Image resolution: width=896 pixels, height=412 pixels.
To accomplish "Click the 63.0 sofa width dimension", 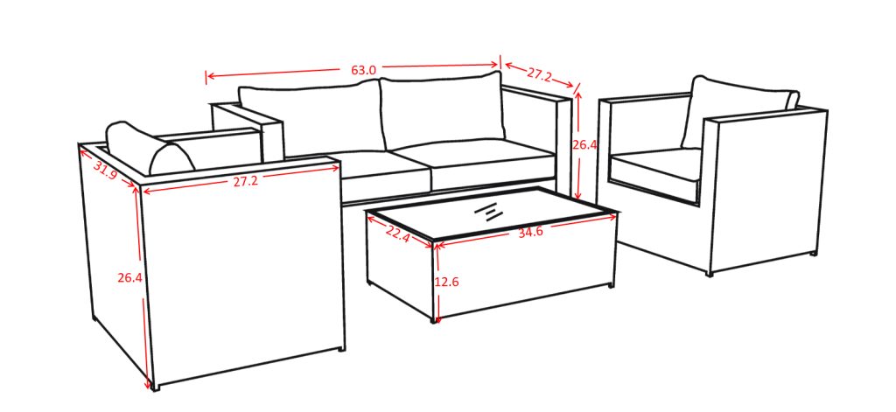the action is (x=363, y=70).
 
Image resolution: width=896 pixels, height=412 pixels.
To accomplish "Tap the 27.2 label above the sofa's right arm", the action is (x=539, y=73).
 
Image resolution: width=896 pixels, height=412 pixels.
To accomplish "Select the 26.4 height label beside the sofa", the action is (x=584, y=145).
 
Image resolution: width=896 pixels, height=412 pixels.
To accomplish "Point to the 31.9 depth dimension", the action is (x=105, y=171).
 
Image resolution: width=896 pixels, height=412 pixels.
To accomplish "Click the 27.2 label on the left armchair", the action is (x=245, y=181).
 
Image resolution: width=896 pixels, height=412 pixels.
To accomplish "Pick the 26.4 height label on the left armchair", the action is (x=129, y=277).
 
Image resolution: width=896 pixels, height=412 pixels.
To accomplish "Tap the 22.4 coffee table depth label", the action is (x=398, y=234).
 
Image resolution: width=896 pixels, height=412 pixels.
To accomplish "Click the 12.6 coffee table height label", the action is (x=447, y=282).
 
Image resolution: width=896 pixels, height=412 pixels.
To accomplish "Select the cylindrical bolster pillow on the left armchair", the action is (x=150, y=148).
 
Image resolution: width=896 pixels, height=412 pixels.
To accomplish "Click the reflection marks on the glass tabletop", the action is (x=487, y=212).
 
